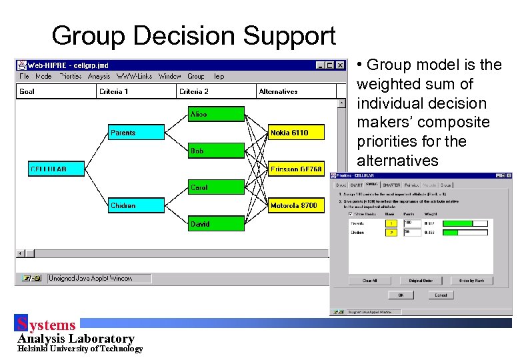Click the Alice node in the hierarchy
[216, 115]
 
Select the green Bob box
[216, 151]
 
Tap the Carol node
[216, 187]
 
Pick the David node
[216, 224]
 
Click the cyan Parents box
[136, 133]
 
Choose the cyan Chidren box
[136, 205]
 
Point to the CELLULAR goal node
[56, 169]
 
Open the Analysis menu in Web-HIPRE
[99, 76]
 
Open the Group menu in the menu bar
[196, 76]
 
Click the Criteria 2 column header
[195, 91]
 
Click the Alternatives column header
[278, 91]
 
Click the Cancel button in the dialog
[441, 295]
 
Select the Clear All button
[370, 281]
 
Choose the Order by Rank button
[471, 281]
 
